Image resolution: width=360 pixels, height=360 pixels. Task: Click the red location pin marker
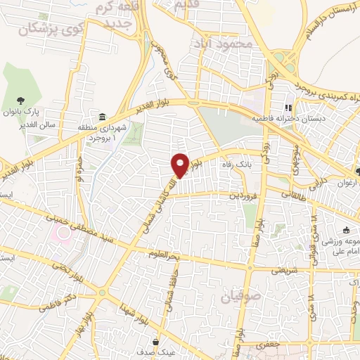coord(181,165)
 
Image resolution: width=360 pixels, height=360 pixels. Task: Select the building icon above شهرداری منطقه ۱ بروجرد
coord(103,117)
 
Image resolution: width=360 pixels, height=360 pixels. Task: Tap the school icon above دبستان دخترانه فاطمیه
coord(287,108)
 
